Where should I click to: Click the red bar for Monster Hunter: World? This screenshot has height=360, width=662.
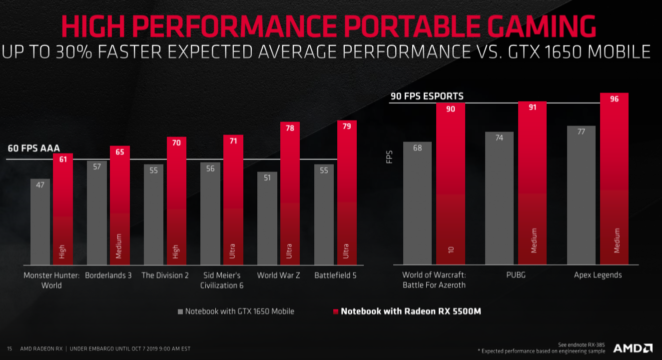[x=62, y=210]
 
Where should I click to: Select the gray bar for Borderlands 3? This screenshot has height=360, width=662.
[x=97, y=212]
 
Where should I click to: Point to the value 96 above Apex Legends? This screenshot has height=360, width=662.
[x=614, y=99]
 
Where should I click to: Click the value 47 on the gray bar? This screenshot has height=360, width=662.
[x=40, y=185]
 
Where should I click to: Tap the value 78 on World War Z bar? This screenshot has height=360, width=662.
[x=290, y=128]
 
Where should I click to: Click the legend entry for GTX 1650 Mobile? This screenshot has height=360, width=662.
[x=236, y=311]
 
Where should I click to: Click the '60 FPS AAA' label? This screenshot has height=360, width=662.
[x=33, y=148]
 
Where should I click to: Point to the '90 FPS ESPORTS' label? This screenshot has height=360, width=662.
[x=427, y=96]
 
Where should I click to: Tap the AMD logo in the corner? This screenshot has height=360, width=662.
[x=632, y=348]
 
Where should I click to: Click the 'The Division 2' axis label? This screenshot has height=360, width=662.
[x=165, y=275]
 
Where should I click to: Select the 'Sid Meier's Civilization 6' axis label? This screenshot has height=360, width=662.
[x=222, y=280]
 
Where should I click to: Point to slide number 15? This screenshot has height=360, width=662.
[x=9, y=348]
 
